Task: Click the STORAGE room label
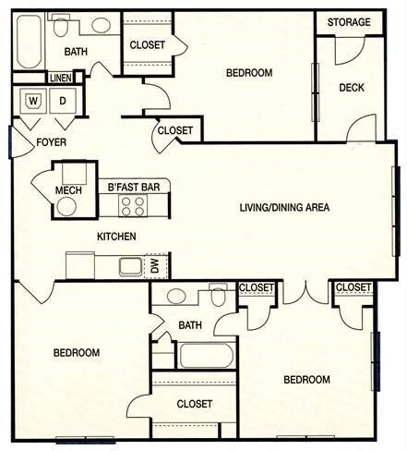[349, 22]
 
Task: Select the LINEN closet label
[60, 79]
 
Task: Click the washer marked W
[34, 101]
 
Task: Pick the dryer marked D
[62, 101]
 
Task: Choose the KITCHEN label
[116, 237]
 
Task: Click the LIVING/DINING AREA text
[285, 207]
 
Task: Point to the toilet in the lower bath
[218, 299]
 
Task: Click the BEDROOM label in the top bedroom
[250, 72]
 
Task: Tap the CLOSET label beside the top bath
[148, 44]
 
